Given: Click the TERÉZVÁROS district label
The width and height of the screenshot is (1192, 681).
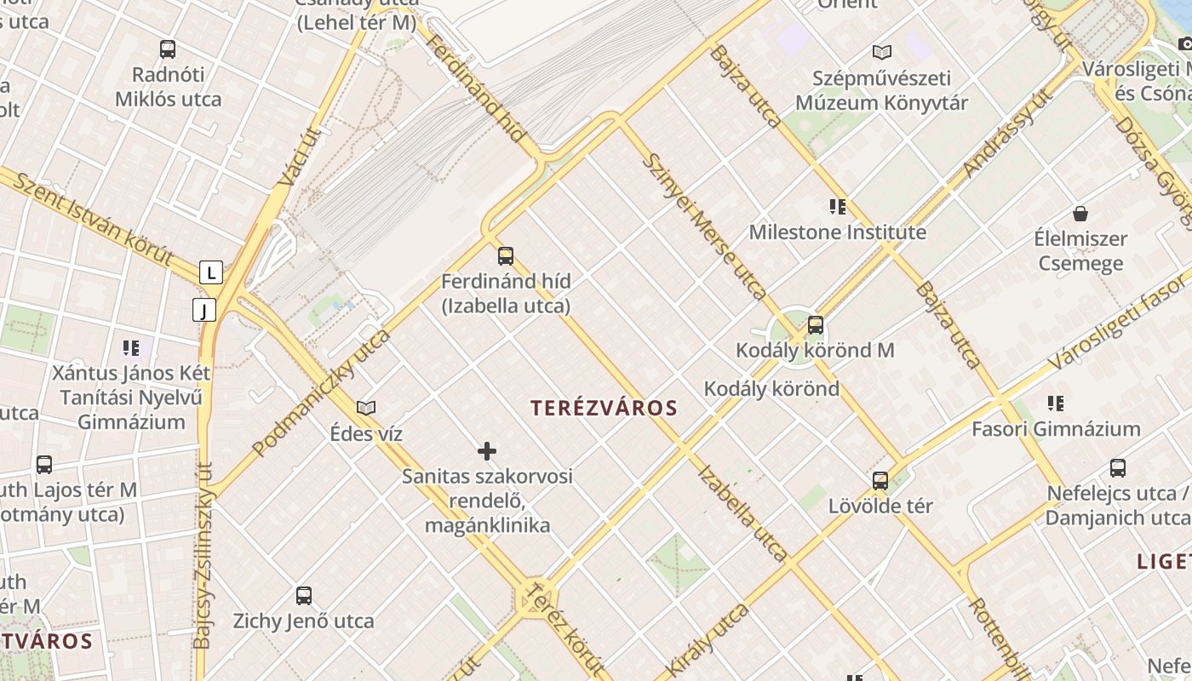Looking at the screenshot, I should pyautogui.click(x=605, y=408).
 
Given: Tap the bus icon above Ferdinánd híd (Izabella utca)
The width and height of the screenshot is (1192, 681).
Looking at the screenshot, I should pyautogui.click(x=506, y=255).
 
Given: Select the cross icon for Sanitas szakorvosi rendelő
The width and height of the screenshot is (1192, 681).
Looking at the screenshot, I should pyautogui.click(x=487, y=450).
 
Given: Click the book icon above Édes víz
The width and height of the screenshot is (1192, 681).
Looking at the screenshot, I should pyautogui.click(x=366, y=409).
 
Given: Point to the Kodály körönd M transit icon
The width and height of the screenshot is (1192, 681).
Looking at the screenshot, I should pyautogui.click(x=816, y=324).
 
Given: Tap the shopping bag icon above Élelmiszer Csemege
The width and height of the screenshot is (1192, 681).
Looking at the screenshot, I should pyautogui.click(x=1080, y=213).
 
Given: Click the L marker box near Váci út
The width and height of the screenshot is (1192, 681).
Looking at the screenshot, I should pyautogui.click(x=211, y=272).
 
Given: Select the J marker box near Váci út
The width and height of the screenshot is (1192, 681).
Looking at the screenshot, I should pyautogui.click(x=204, y=310).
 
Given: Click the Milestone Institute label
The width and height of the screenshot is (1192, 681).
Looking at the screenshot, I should pyautogui.click(x=837, y=232).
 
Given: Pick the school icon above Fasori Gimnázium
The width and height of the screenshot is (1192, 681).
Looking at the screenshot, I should pyautogui.click(x=1056, y=403).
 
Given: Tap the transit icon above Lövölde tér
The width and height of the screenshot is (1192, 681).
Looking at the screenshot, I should pyautogui.click(x=880, y=480).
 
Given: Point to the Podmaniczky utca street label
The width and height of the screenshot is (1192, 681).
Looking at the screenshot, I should pyautogui.click(x=322, y=392).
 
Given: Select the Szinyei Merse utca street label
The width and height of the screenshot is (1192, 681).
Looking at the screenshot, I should pyautogui.click(x=703, y=226).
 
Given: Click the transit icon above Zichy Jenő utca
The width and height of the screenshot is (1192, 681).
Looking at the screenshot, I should pyautogui.click(x=304, y=595).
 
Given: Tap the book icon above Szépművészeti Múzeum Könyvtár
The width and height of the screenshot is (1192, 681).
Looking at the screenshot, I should pyautogui.click(x=882, y=53).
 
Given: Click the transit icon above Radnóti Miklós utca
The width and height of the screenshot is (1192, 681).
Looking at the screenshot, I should pyautogui.click(x=168, y=49).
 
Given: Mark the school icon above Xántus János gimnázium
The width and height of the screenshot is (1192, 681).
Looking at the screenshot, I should pyautogui.click(x=131, y=347).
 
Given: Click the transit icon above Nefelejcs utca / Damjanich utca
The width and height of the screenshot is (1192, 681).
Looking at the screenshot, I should pyautogui.click(x=1118, y=467).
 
